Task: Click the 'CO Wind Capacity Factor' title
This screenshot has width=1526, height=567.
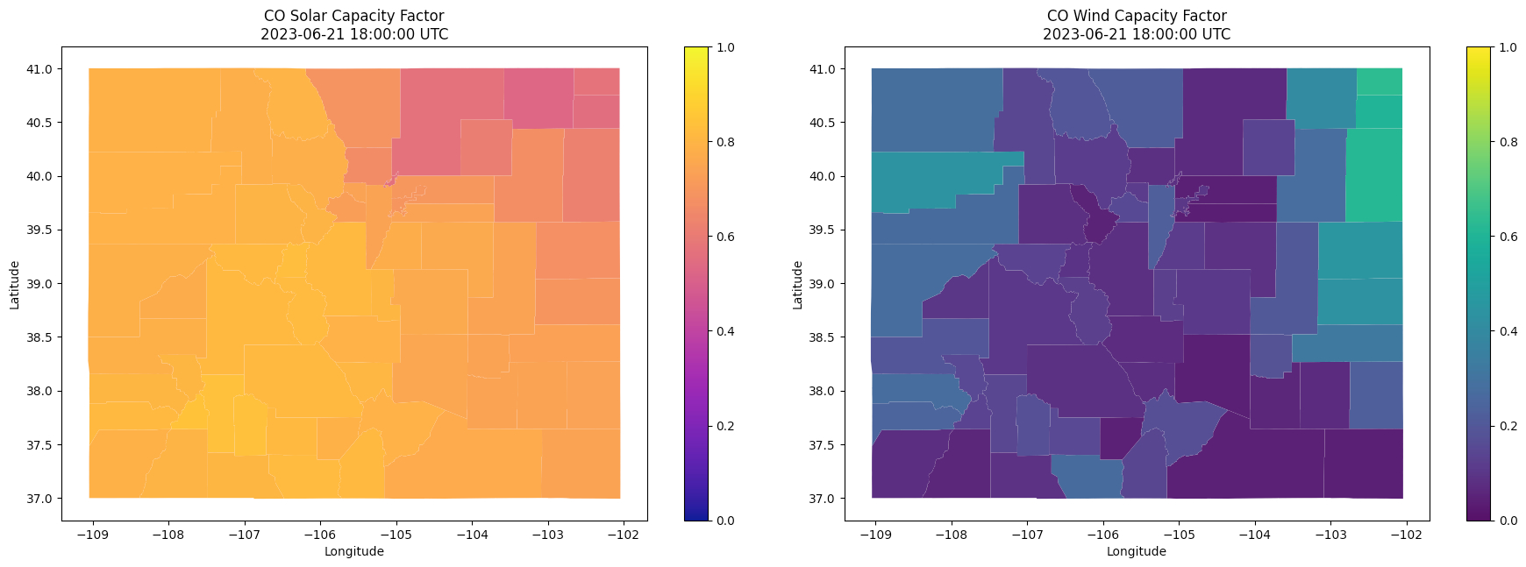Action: [x=1136, y=16]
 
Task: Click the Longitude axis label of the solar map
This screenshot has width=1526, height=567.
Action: [x=353, y=551]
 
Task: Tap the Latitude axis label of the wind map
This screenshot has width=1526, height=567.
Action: [x=798, y=284]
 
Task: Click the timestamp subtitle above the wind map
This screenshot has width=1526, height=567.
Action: [x=1136, y=35]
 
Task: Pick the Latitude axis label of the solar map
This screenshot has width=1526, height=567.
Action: [x=15, y=284]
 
